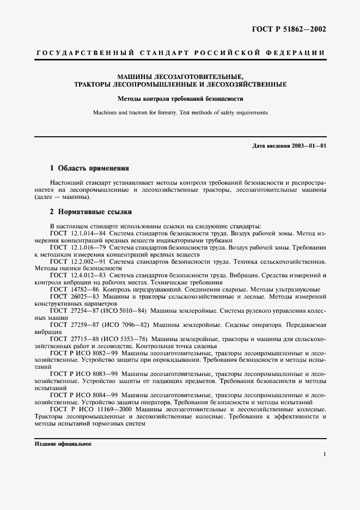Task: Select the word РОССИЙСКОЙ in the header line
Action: (226, 53)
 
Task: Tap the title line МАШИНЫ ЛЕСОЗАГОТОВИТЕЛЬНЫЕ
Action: (180, 76)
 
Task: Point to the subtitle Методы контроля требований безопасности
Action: (180, 99)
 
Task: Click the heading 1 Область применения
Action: (89, 168)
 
